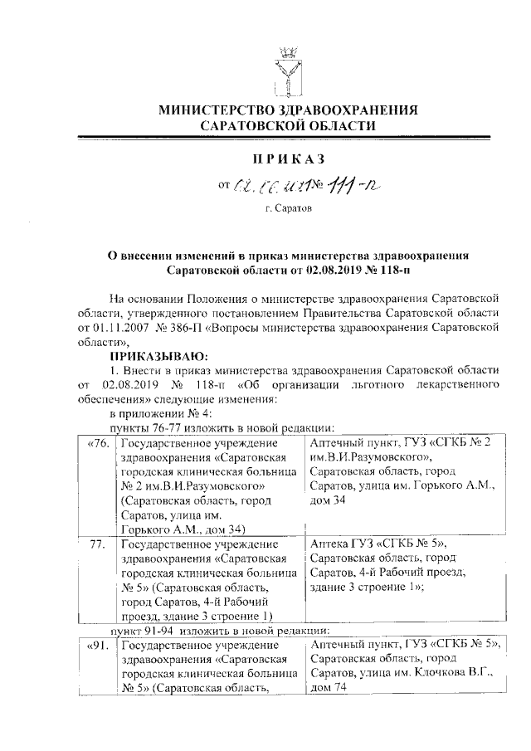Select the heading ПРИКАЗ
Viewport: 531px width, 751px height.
tap(290, 158)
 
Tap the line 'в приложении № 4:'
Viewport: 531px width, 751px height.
tap(161, 412)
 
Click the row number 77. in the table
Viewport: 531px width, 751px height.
tap(100, 544)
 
